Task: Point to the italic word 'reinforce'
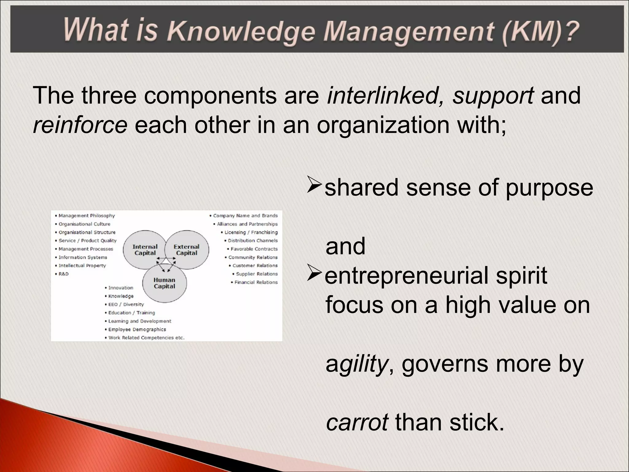coord(80,125)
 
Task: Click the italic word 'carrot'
coord(357,422)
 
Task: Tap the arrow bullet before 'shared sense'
coord(314,187)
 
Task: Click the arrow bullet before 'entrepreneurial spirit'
coord(314,275)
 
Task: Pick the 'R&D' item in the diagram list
coord(64,274)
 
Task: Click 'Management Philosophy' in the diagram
coord(87,216)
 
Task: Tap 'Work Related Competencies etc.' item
coord(146,338)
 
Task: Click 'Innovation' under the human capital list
coord(120,288)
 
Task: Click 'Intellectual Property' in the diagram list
coord(82,265)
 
